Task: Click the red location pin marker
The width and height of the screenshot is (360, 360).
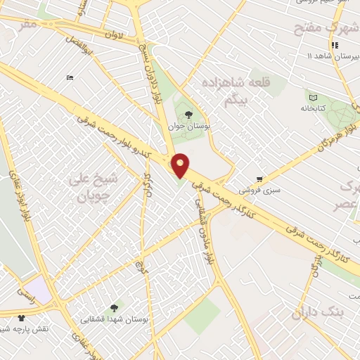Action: (x=181, y=165)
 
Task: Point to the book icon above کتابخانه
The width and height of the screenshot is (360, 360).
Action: (x=312, y=96)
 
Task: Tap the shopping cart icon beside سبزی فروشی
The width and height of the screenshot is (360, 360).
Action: (x=260, y=179)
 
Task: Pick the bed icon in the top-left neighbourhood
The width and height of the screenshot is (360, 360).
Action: (x=69, y=77)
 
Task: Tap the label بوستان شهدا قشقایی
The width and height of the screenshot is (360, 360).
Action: (x=115, y=320)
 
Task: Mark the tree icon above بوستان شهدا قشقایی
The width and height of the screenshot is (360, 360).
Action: (x=114, y=307)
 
